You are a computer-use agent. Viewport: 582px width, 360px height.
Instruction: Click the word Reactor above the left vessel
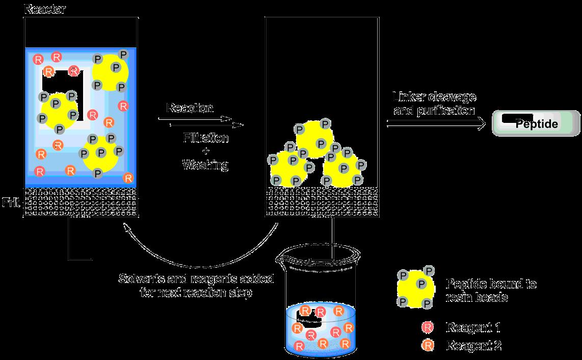coord(44,10)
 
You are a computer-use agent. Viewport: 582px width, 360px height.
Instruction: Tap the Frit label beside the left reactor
coord(10,202)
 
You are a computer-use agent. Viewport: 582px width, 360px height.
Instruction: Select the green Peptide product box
coord(536,124)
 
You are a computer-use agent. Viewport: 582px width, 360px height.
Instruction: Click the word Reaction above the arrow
coord(189,109)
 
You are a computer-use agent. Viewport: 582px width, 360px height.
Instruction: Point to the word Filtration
coord(205,138)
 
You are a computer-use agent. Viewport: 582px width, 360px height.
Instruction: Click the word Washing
coord(205,165)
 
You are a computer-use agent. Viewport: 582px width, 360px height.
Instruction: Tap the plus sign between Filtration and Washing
coord(205,151)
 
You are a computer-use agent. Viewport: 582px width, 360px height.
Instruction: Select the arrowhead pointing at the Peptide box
coord(480,123)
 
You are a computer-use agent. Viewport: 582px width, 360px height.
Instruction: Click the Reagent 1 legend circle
coord(428,327)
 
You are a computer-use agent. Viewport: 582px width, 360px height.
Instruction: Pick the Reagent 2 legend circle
coord(428,345)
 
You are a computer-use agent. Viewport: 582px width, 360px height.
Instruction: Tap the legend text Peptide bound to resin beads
coord(491,291)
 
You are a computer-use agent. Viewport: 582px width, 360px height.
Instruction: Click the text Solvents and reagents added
coord(196,279)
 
